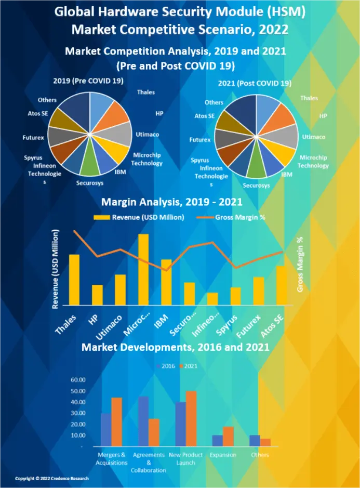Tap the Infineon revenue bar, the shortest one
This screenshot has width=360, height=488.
click(x=212, y=299)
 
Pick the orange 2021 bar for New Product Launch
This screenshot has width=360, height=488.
click(x=191, y=418)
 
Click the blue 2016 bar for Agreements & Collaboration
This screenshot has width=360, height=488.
click(x=143, y=421)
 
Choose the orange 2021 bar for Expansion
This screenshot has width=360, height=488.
click(x=228, y=436)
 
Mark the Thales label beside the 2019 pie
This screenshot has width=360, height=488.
click(x=146, y=93)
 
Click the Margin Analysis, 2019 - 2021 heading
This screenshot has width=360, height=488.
click(x=179, y=202)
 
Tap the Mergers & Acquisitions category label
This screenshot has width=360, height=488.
click(x=112, y=458)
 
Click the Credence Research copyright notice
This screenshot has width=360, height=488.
click(x=51, y=478)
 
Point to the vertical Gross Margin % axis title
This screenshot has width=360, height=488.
click(x=300, y=264)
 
